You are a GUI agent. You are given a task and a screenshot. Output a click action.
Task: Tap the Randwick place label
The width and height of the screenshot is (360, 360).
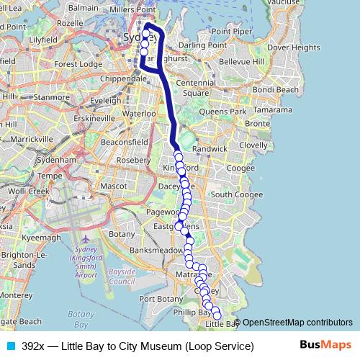pos(213,148)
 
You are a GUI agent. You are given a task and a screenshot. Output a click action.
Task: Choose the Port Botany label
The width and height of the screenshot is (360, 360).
pos(157,298)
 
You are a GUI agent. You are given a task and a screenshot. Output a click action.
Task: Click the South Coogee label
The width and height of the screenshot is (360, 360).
pos(231,194)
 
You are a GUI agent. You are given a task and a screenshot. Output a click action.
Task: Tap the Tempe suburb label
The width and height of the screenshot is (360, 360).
pos(48,175)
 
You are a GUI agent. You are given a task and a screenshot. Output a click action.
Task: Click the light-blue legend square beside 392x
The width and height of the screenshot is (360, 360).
pos(11,346)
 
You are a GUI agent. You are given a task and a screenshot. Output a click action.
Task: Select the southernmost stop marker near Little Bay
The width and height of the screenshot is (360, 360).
pos(217,316)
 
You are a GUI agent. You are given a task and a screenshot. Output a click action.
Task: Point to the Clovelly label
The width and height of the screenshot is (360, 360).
pos(253,145)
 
